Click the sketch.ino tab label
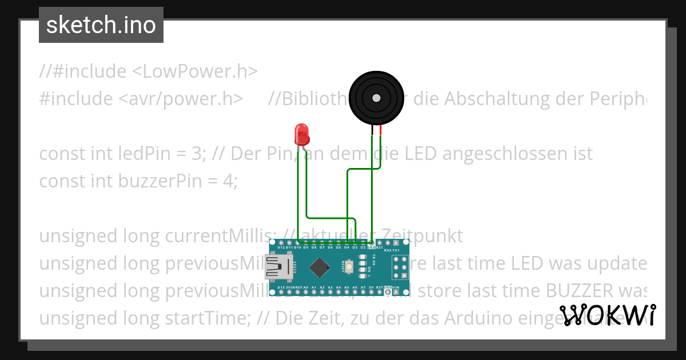(101, 25)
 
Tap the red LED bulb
(301, 135)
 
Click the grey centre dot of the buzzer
(376, 98)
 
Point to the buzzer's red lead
(380, 131)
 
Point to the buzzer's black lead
(372, 131)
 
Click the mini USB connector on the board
(278, 267)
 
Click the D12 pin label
(281, 247)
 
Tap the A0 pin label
(306, 287)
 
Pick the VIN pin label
(396, 287)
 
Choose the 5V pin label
(372, 287)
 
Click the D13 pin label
(281, 287)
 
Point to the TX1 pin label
(396, 250)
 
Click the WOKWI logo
(607, 315)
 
